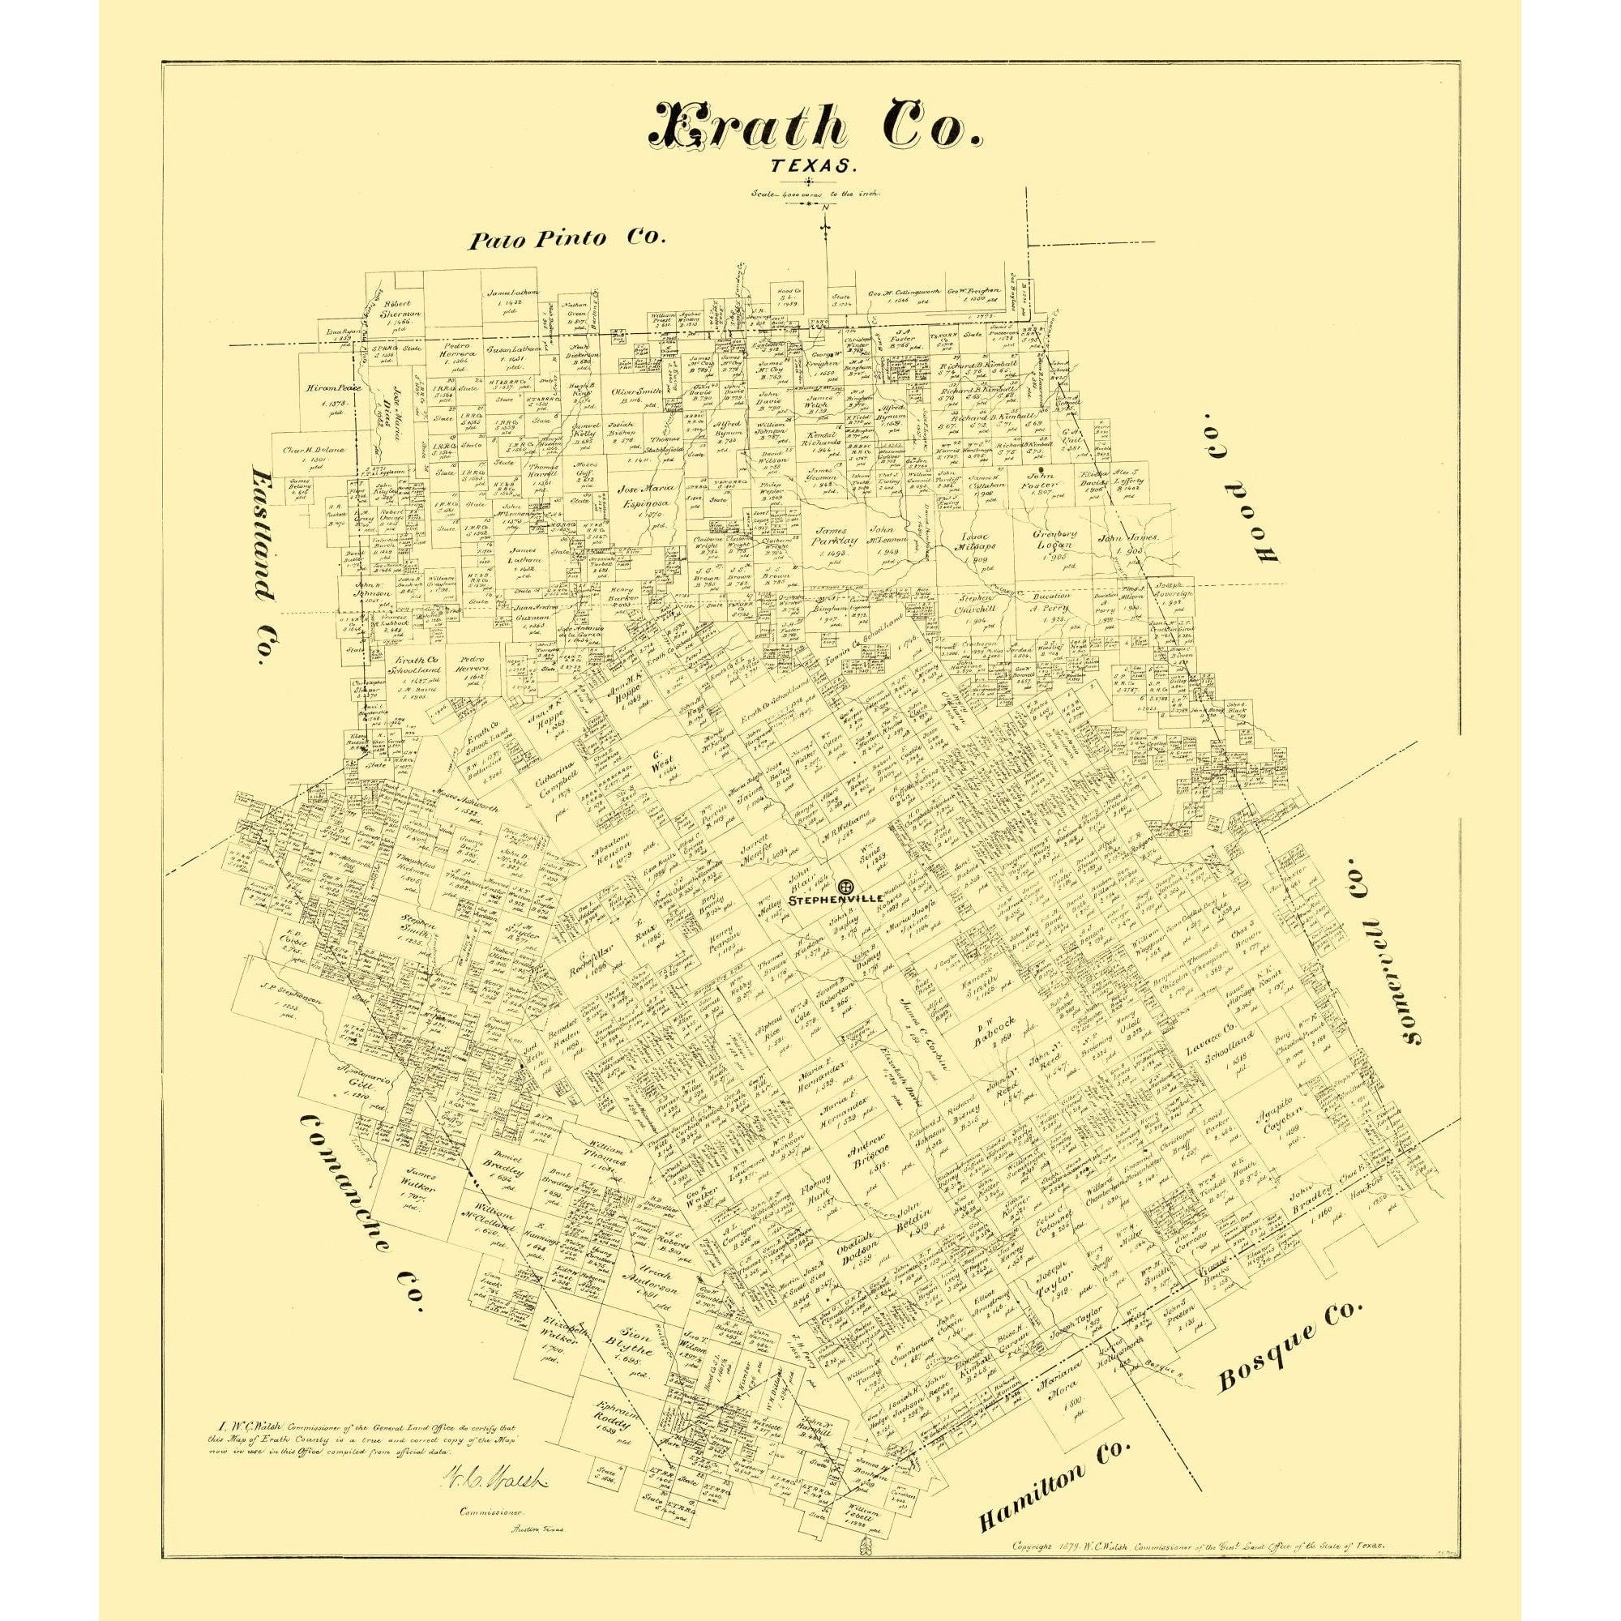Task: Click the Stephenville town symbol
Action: (x=845, y=887)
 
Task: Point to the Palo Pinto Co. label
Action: (x=567, y=240)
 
